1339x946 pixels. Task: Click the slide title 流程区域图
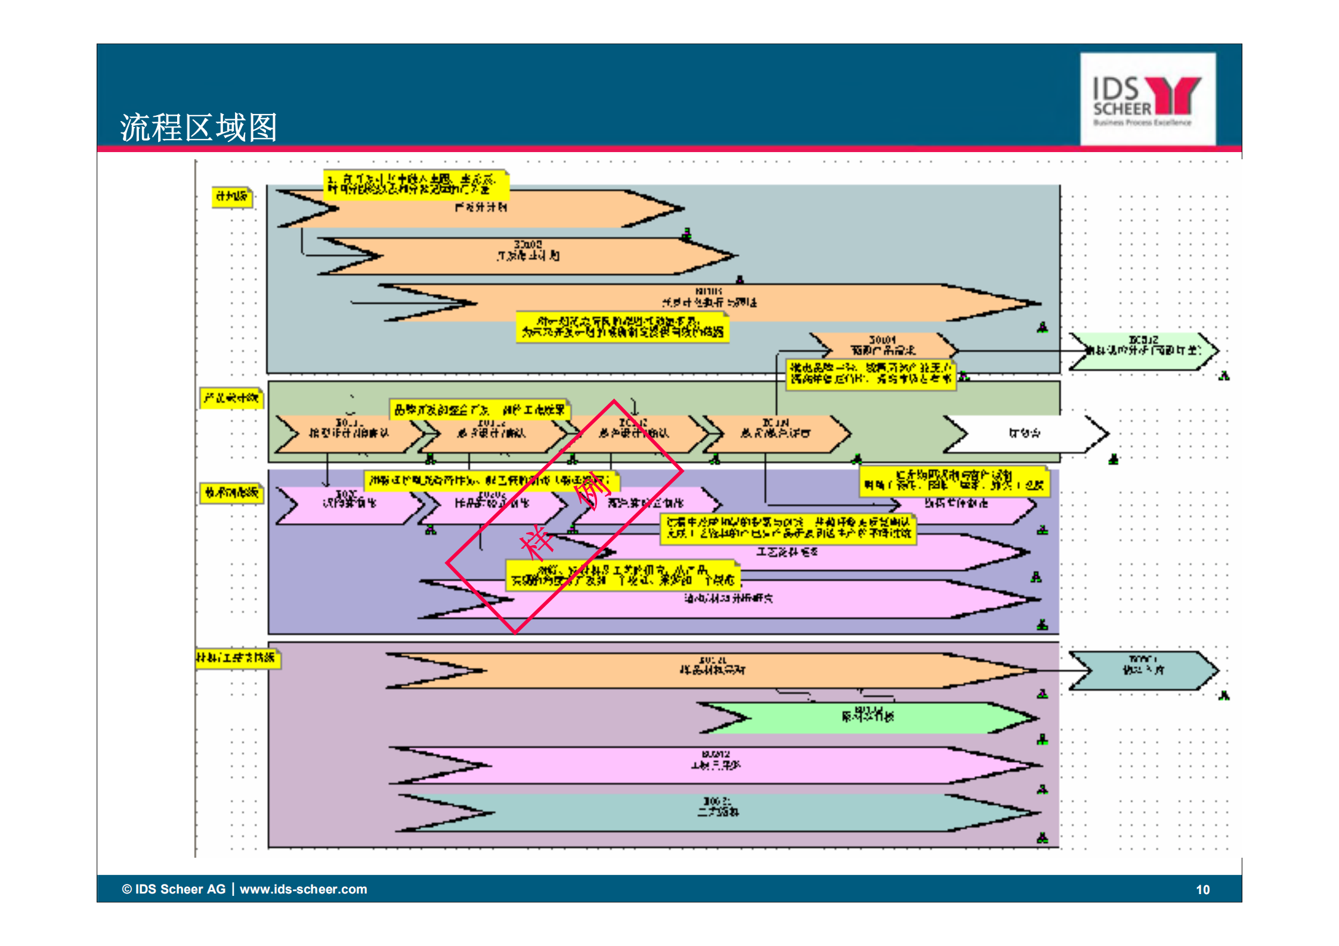tap(199, 127)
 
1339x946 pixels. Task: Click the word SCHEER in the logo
tap(1122, 109)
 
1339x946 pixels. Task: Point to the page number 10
tap(1202, 890)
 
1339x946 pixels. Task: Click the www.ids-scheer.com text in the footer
tap(303, 889)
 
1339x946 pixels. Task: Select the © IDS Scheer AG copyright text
tap(174, 889)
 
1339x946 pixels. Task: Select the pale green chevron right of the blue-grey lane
tap(1143, 351)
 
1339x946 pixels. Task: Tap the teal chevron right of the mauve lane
tap(1143, 670)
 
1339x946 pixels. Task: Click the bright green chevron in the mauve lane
tap(868, 718)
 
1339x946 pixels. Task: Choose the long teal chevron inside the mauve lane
tap(719, 812)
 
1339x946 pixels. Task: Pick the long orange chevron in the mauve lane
tap(713, 670)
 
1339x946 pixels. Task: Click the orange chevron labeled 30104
tap(883, 346)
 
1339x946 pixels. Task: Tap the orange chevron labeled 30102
tap(528, 256)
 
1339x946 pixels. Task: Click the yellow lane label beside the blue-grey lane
tap(232, 197)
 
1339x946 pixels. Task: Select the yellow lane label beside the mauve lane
tap(237, 659)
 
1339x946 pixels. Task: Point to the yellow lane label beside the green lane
tap(231, 398)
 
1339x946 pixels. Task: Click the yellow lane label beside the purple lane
tap(231, 493)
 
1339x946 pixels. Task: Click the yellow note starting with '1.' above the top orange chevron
tap(416, 185)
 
